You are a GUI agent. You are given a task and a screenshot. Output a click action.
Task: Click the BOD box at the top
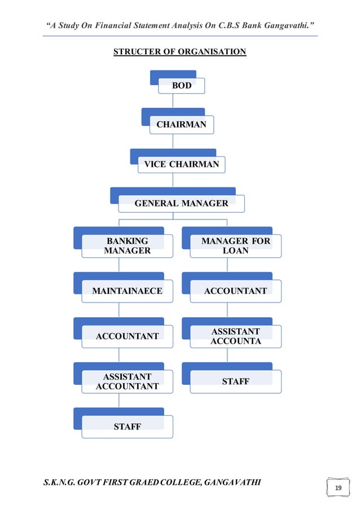[x=181, y=86]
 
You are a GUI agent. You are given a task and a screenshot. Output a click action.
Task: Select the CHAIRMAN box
[x=181, y=125]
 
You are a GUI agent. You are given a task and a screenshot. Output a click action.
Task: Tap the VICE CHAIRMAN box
[x=181, y=164]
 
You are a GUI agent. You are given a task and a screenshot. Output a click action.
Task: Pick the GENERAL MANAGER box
[x=181, y=203]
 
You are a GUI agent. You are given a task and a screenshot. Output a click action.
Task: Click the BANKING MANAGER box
[x=128, y=246]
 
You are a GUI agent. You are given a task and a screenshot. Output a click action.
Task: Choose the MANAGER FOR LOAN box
[x=235, y=245]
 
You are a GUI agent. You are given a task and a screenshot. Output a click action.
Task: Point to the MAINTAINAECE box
[x=128, y=291]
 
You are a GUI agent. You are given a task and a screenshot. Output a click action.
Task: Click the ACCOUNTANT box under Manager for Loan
[x=235, y=291]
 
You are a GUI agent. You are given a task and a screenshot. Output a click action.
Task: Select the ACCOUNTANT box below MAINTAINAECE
[x=128, y=336]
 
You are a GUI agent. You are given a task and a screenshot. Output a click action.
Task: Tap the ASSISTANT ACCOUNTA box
[x=235, y=336]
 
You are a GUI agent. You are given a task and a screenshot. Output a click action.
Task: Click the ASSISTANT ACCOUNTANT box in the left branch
[x=128, y=381]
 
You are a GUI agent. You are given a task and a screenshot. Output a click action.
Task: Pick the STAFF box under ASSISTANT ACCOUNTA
[x=235, y=381]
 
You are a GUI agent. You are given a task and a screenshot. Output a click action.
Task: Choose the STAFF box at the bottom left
[x=128, y=427]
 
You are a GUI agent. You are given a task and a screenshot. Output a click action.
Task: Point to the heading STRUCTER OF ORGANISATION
[x=180, y=52]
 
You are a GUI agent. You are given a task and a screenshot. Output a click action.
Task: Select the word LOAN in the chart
[x=235, y=251]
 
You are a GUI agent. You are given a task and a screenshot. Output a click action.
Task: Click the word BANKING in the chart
[x=128, y=241]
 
